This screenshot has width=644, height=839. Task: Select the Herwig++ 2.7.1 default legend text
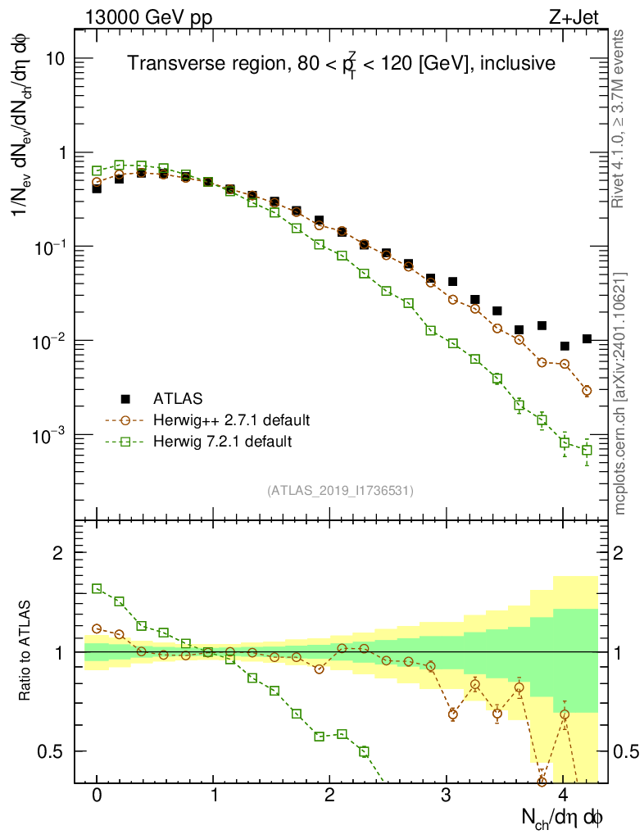pyautogui.click(x=231, y=420)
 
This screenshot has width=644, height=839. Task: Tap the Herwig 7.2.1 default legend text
pyautogui.click(x=222, y=442)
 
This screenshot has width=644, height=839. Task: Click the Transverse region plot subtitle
pyautogui.click(x=341, y=63)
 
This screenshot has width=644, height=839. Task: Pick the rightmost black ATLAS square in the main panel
pyautogui.click(x=587, y=338)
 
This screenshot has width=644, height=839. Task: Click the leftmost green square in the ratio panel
pyautogui.click(x=97, y=588)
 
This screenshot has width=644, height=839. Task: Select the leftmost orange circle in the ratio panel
pyautogui.click(x=97, y=628)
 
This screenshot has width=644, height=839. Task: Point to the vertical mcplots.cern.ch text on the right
pyautogui.click(x=620, y=393)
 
